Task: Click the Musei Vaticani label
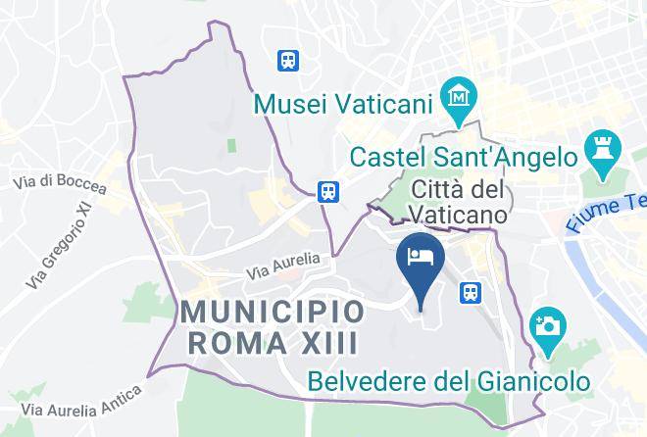pos(345,102)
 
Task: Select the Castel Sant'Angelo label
pos(463,157)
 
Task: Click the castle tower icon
pos(597,149)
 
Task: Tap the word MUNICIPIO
pos(274,314)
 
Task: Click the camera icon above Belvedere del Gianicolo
pos(545,324)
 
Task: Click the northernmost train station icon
pos(288,60)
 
